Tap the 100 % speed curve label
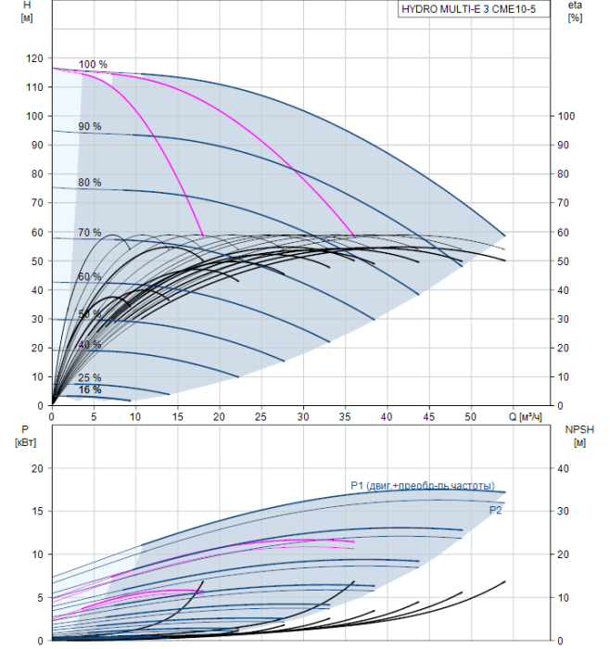[93, 65]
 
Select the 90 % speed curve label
[90, 126]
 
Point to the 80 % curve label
[90, 183]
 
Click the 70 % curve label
[90, 233]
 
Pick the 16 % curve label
[90, 389]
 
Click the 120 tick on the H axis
[35, 58]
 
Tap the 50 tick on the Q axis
[470, 416]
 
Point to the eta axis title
[574, 6]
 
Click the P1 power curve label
[422, 486]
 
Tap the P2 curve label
[496, 511]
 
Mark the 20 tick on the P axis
[38, 468]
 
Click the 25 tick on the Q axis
[261, 416]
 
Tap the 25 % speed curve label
[90, 377]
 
